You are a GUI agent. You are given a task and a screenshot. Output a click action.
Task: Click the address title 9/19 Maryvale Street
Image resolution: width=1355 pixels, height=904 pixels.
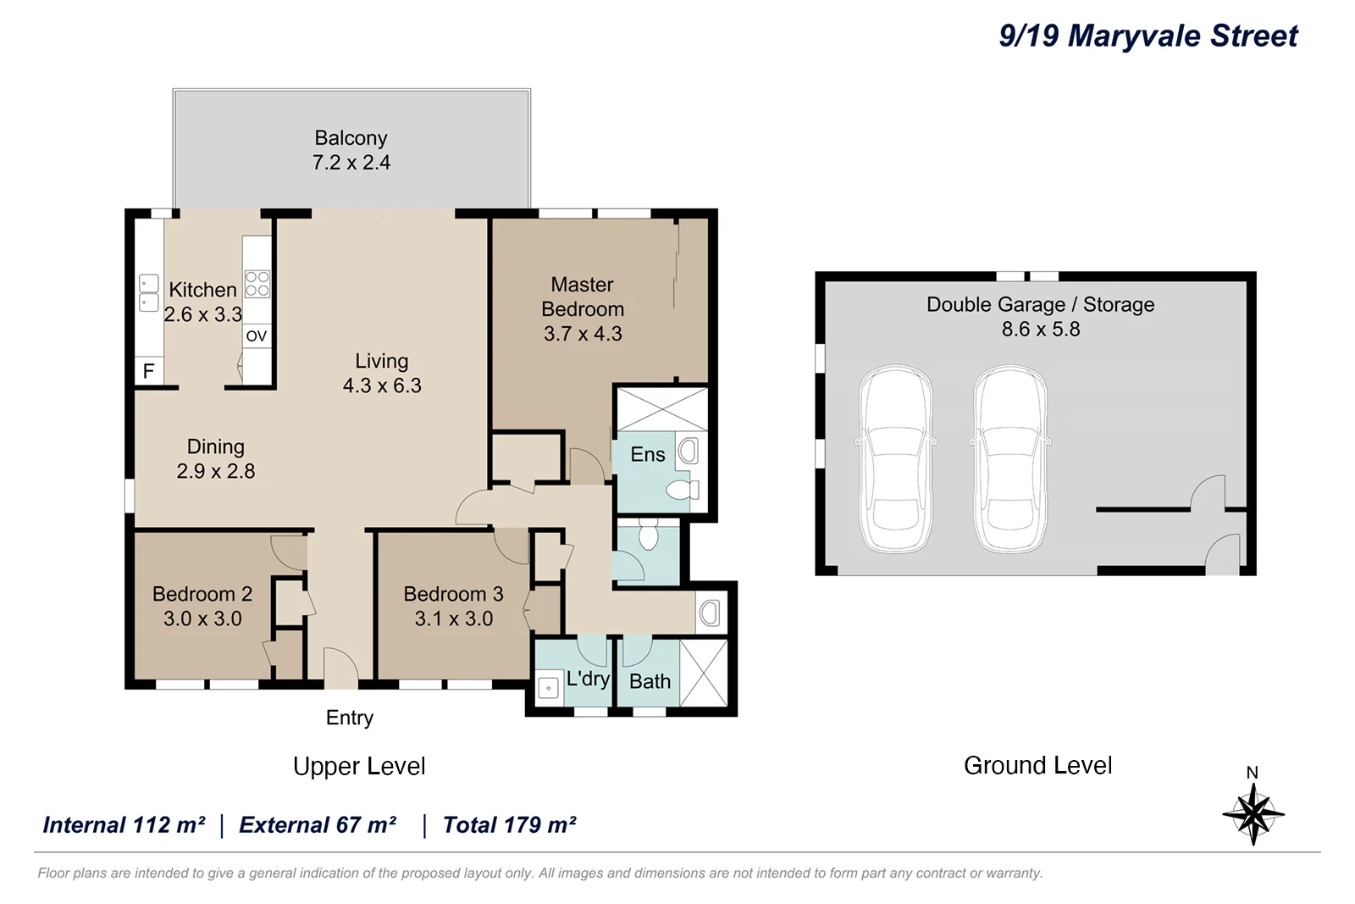point(1148,36)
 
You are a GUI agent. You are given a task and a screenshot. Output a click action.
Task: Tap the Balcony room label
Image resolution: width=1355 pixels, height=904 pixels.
point(351,138)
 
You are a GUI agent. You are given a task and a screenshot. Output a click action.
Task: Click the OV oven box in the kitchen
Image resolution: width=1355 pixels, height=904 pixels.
point(257,336)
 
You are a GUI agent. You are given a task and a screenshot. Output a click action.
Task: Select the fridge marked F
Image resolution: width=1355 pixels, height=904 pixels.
point(148,371)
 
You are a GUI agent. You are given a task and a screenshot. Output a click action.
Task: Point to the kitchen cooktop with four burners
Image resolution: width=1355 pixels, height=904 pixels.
point(257,284)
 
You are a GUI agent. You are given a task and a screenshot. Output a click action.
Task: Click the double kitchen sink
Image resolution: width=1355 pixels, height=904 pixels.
point(149,293)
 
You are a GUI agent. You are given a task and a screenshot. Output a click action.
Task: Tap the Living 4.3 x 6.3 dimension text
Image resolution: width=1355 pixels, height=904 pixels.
point(382,385)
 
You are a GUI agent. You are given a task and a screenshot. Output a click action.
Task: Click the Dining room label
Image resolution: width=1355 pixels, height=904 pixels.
point(215,446)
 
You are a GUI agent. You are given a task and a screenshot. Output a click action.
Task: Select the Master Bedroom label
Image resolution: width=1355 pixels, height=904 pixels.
point(583,297)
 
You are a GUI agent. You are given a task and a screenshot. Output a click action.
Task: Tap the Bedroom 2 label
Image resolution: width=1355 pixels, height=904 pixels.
point(202,594)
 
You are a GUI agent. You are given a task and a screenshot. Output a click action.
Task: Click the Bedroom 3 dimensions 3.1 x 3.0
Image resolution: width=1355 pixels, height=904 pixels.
point(454,619)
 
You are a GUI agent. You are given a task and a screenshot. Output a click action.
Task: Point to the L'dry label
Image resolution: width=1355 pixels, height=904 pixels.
point(588,679)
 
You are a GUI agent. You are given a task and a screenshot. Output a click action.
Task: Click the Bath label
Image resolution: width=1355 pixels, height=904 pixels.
point(650,681)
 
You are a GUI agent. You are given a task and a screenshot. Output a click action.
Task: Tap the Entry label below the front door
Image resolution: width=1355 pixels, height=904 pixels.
point(350,718)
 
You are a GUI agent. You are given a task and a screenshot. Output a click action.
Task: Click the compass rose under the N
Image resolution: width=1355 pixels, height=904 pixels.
point(1253,814)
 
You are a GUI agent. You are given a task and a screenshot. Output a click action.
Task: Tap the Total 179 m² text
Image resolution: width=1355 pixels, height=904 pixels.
point(509,825)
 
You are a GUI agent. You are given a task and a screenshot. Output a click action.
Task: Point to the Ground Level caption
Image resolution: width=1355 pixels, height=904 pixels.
point(1037,765)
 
